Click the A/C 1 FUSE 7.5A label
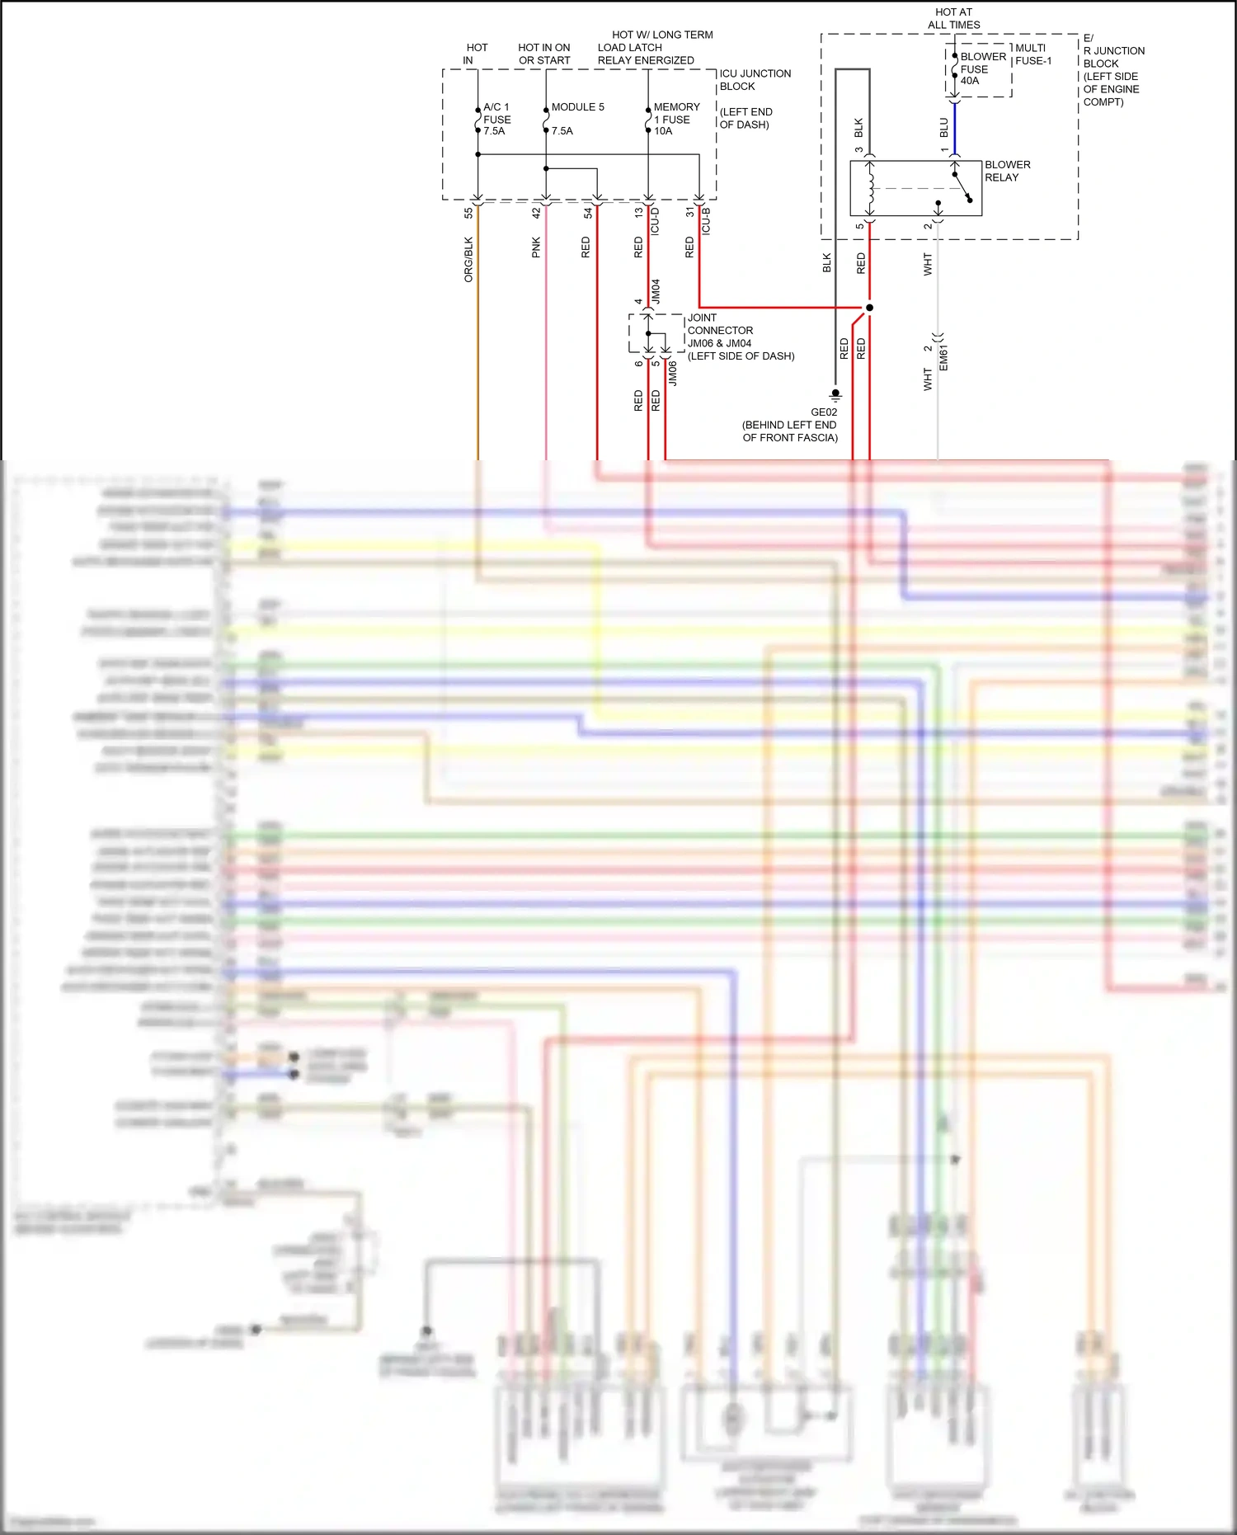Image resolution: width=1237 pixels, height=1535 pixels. pyautogui.click(x=496, y=119)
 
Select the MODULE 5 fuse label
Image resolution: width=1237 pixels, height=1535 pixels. pyautogui.click(x=577, y=107)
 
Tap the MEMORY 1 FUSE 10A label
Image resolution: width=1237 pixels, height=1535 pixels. pyautogui.click(x=675, y=119)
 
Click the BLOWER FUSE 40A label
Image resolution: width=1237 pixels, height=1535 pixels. pyautogui.click(x=982, y=68)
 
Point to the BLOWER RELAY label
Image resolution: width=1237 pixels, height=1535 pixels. pyautogui.click(x=1006, y=171)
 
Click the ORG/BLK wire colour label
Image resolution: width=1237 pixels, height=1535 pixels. pyautogui.click(x=468, y=259)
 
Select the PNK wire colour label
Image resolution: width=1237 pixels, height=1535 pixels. pyautogui.click(x=536, y=247)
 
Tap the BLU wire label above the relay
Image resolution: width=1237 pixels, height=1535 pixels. pyautogui.click(x=943, y=127)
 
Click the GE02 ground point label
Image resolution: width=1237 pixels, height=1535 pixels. pyautogui.click(x=823, y=412)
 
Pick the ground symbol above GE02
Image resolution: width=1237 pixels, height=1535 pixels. pyautogui.click(x=835, y=394)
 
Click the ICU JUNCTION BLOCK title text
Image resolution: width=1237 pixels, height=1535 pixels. pyautogui.click(x=754, y=79)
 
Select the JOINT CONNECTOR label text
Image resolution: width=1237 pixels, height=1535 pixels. pyautogui.click(x=719, y=324)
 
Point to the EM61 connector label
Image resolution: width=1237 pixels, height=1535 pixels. pyautogui.click(x=943, y=357)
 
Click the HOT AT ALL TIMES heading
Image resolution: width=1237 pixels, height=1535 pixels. pyautogui.click(x=953, y=18)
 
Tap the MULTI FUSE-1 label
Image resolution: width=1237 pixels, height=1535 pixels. pyautogui.click(x=1032, y=54)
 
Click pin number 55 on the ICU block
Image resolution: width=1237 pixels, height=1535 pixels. pyautogui.click(x=468, y=212)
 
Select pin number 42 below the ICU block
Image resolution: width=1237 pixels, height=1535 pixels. pyautogui.click(x=536, y=212)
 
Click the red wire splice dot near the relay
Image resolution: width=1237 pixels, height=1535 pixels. pyautogui.click(x=869, y=308)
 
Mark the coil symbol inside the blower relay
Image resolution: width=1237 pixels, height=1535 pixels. pyautogui.click(x=870, y=188)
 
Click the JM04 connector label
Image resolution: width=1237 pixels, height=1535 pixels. pyautogui.click(x=656, y=291)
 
